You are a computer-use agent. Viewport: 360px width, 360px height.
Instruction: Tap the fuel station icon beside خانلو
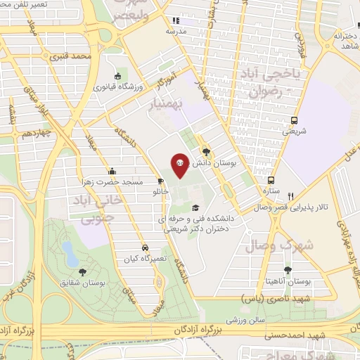click(162, 181)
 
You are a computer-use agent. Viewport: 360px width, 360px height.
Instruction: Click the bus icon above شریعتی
click(294, 120)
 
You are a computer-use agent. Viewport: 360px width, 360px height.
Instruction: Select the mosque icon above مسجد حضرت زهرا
click(112, 171)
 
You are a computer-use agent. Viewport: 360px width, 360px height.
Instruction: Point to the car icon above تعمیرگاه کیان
click(144, 247)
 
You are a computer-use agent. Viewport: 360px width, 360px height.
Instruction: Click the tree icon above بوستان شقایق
click(83, 271)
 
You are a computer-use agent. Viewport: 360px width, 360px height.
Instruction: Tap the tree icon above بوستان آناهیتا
click(287, 269)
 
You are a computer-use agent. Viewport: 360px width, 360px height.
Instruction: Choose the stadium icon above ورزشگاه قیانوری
click(117, 76)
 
